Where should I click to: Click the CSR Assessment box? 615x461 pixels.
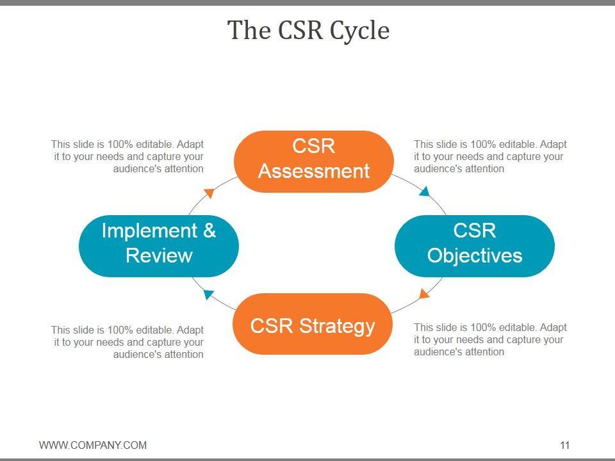tap(314, 161)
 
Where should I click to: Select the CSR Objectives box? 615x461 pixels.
tap(475, 246)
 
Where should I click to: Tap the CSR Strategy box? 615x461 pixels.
tap(313, 324)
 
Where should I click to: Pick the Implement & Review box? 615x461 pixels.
tap(159, 246)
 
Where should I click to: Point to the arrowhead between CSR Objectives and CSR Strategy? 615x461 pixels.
tap(423, 293)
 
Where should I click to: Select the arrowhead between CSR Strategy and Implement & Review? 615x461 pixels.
tap(208, 294)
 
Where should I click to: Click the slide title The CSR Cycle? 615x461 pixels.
tap(308, 30)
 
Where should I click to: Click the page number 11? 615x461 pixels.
tap(564, 445)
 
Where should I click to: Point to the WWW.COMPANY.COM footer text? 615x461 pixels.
tap(93, 445)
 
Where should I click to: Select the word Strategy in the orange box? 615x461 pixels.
tap(337, 326)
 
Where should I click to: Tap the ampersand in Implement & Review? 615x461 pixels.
tap(209, 230)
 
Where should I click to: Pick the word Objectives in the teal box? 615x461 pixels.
tap(475, 255)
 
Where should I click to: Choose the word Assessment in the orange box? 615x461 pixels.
tap(314, 171)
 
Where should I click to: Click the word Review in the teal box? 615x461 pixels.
tap(159, 255)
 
